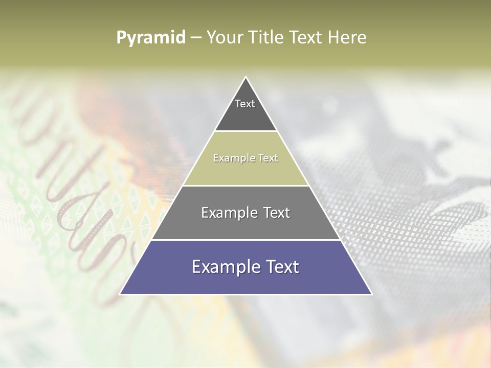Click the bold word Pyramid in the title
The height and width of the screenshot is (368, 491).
click(x=150, y=37)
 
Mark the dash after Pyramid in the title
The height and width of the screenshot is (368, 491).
click(x=196, y=38)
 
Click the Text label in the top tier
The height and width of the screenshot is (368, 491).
click(x=245, y=104)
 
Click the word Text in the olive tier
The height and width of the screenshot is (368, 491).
click(x=269, y=158)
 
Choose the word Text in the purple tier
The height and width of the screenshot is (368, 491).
click(x=283, y=267)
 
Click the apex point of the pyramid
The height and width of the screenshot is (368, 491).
click(x=245, y=77)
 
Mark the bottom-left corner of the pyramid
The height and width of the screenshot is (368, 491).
click(x=120, y=294)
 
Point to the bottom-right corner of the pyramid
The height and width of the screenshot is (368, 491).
click(x=371, y=294)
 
